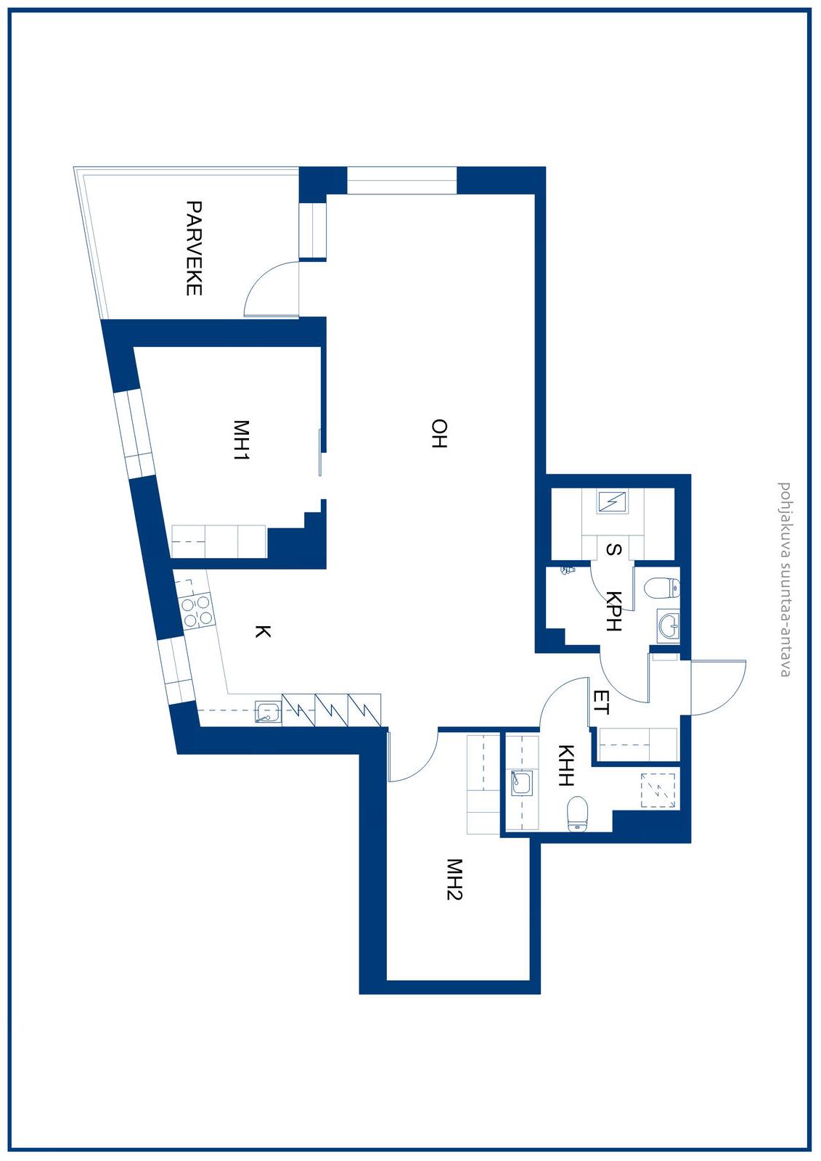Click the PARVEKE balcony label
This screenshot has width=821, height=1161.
coord(194,248)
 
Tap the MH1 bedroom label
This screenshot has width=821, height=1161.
coord(241,440)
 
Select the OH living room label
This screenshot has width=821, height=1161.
coord(438,433)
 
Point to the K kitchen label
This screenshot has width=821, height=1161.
coord(263,631)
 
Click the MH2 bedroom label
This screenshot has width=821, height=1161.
coord(454,879)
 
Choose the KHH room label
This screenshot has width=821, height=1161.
coord(565,766)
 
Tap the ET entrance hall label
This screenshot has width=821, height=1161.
coord(601,702)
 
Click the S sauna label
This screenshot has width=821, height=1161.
coord(614,549)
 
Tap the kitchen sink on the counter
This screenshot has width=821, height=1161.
coord(268,712)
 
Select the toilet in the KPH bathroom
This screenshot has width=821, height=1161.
coord(662,588)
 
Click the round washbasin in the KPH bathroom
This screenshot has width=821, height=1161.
coord(669,625)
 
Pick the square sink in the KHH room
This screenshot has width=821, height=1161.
coord(521,782)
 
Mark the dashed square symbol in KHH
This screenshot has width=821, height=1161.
coord(658,790)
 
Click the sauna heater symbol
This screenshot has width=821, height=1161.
coord(613,501)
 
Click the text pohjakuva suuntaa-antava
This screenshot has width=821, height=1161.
coord(785,579)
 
